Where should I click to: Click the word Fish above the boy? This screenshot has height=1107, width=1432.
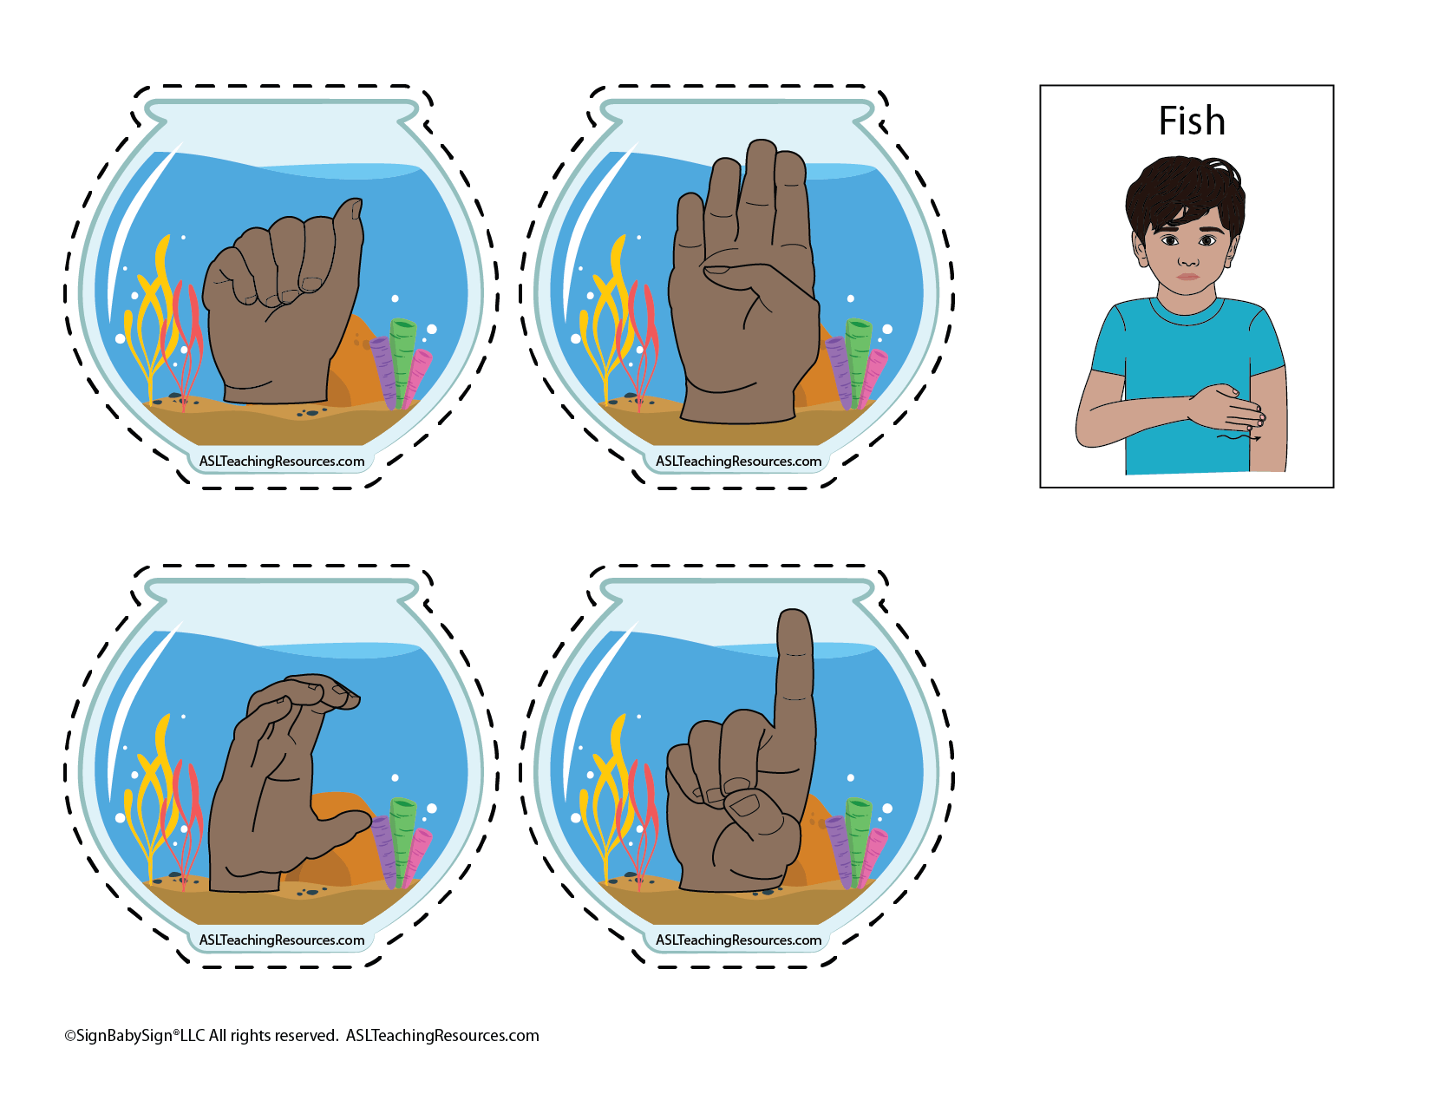pos(1192,121)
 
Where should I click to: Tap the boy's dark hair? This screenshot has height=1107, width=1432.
pos(1184,194)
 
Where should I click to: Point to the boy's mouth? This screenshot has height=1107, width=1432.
pos(1187,277)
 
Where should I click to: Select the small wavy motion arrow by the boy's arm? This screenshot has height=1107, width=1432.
pos(1239,437)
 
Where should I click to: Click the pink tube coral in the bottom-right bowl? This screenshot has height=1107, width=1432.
pos(873,856)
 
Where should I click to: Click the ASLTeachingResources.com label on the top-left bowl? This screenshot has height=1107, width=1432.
pos(281,462)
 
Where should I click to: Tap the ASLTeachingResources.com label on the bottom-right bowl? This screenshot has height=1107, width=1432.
pos(738,940)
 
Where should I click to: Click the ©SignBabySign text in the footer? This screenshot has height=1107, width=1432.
pos(119,1036)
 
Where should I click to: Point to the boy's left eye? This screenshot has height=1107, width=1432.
pos(1207,240)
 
